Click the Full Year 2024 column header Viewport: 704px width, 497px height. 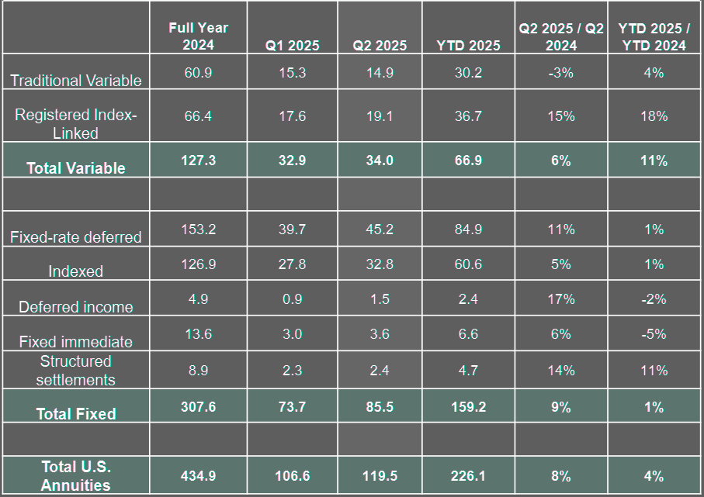click(x=198, y=36)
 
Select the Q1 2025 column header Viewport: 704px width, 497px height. click(x=292, y=45)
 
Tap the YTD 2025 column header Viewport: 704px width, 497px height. click(x=468, y=45)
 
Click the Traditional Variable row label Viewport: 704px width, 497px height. click(x=76, y=81)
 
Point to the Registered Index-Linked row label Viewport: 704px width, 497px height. click(x=76, y=124)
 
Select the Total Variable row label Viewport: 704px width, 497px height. click(x=76, y=167)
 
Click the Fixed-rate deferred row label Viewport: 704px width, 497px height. click(x=76, y=237)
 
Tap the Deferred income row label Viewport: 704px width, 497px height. click(x=76, y=307)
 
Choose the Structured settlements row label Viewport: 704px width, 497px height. click(x=76, y=371)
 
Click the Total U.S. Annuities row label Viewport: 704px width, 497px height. click(x=76, y=476)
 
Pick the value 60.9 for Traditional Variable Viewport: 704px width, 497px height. click(x=198, y=73)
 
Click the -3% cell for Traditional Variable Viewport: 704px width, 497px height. click(x=561, y=73)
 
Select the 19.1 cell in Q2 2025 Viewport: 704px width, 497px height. click(x=380, y=116)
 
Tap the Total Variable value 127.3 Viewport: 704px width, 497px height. click(x=198, y=160)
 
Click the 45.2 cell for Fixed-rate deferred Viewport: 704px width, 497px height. click(x=380, y=230)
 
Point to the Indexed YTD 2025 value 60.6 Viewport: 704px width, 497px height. click(x=468, y=264)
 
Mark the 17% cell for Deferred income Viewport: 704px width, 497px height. click(x=561, y=299)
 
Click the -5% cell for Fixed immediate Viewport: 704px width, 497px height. click(x=654, y=334)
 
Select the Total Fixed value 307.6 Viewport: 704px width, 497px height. click(x=198, y=406)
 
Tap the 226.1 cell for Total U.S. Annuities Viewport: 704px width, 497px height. click(x=468, y=475)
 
